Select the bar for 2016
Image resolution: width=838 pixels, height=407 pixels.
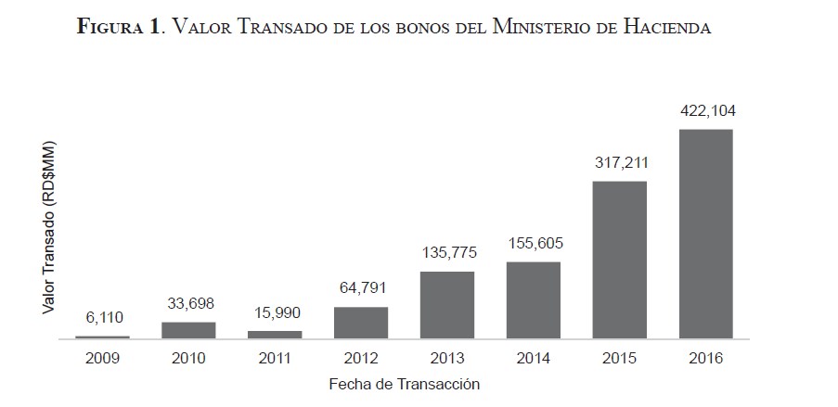point(705,234)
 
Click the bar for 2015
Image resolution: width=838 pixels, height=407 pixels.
point(620,260)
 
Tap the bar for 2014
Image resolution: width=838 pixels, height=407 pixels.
point(534,300)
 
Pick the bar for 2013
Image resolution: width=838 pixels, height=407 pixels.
point(447,305)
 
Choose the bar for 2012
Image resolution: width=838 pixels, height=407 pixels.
point(361,323)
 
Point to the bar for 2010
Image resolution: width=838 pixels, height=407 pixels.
point(188,330)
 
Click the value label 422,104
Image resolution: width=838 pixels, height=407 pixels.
point(707,111)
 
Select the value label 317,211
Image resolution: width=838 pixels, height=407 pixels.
point(621,163)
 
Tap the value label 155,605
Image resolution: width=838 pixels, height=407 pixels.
point(535,244)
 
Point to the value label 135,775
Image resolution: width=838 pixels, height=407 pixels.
point(448,253)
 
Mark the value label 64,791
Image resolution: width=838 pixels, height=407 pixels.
point(362,289)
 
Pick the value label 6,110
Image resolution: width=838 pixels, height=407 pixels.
point(102,318)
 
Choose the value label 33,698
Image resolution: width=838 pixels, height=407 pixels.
point(188,304)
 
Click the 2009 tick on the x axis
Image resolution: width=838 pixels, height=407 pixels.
point(102,358)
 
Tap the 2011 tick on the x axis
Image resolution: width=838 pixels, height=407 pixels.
point(275,358)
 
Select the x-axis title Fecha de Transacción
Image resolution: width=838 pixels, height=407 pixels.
point(404,383)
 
